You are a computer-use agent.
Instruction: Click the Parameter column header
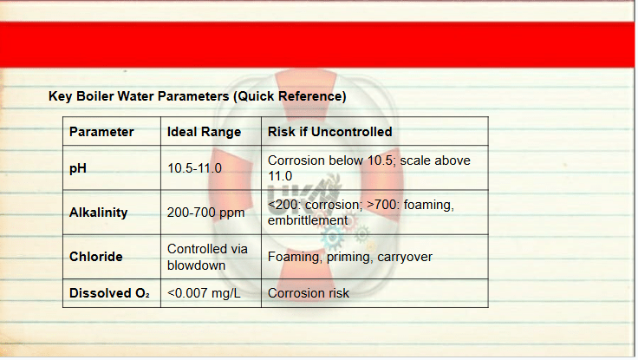coord(101,132)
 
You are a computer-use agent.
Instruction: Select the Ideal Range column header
coord(204,132)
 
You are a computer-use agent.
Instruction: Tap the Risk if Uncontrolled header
coord(330,132)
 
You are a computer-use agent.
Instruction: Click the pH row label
coord(78,168)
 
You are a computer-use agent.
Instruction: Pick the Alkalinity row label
coord(99,213)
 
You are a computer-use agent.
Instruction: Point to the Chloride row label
coord(96,257)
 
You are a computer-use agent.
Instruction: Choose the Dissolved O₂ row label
coord(109,293)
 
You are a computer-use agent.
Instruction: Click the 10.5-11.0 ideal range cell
coord(194,168)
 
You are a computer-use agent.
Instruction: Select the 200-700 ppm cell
coord(206,213)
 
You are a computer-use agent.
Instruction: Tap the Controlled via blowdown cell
coord(207,257)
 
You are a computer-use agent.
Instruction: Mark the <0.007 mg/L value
coord(204,293)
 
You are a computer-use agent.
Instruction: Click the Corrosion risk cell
coord(309,293)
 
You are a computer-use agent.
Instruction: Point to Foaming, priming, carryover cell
coord(350,257)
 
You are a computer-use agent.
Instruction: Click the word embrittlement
coord(308,220)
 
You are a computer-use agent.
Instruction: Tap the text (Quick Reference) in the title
coord(290,96)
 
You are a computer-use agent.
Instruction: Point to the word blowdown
coord(196,265)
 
